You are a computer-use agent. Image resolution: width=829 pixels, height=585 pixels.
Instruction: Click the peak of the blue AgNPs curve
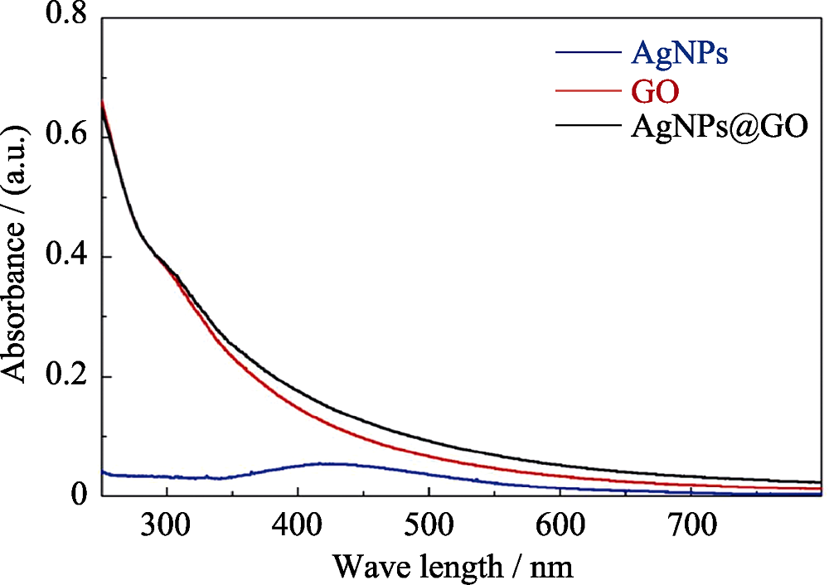tap(352, 463)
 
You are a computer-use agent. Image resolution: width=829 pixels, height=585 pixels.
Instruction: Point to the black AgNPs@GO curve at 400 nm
tap(298, 387)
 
